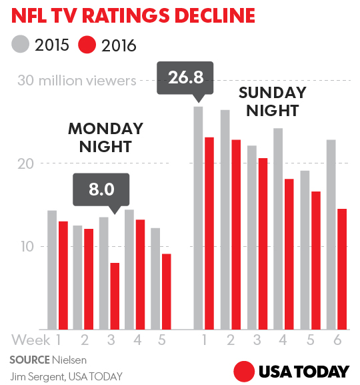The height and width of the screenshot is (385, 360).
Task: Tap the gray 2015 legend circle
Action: [20, 45]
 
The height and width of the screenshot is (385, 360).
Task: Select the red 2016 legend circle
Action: [87, 45]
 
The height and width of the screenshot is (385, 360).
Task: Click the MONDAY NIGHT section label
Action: [105, 137]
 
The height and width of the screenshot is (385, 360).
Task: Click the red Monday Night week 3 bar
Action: [115, 296]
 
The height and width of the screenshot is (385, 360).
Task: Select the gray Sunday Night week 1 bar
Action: [198, 218]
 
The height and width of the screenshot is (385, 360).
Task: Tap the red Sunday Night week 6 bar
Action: [341, 269]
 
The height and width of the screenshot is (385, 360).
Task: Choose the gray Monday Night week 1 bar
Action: [52, 270]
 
